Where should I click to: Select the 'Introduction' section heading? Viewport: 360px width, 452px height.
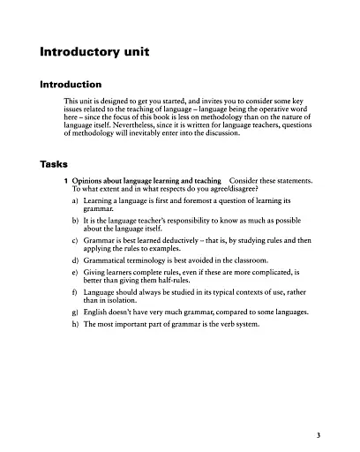[x=78, y=86]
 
